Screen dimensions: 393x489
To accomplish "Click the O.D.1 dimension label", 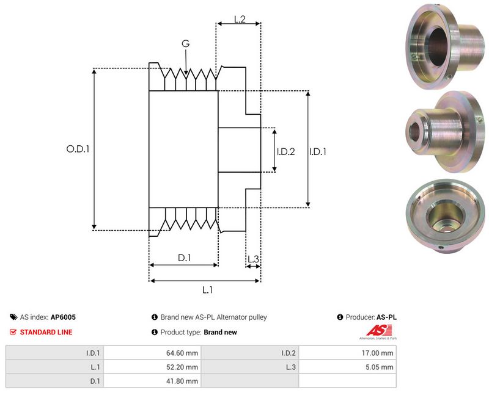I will pyautogui.click(x=78, y=148).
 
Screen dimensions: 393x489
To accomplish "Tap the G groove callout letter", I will pyautogui.click(x=185, y=43).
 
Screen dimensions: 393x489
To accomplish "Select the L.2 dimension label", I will pyautogui.click(x=240, y=20).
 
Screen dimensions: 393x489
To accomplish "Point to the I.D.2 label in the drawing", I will pyautogui.click(x=285, y=151).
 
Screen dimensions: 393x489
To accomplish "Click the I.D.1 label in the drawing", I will pyautogui.click(x=318, y=151).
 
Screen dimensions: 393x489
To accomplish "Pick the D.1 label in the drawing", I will pyautogui.click(x=185, y=258).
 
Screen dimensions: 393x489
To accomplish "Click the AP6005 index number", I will pyautogui.click(x=64, y=317).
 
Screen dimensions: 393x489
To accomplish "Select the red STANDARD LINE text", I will pyautogui.click(x=46, y=332).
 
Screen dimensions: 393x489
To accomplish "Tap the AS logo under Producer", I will pyautogui.click(x=377, y=332).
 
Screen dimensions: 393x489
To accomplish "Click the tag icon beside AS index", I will pyautogui.click(x=13, y=317).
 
